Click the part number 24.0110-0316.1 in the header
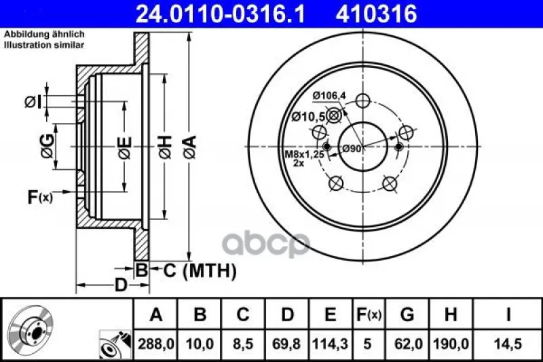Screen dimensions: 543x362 tap(220, 14)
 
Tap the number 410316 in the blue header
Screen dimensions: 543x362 tap(376, 14)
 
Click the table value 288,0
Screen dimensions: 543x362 tap(155, 344)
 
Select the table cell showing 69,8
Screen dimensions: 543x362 tap(286, 344)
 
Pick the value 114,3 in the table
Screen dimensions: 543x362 tap(330, 344)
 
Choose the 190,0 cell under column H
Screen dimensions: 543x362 tap(451, 344)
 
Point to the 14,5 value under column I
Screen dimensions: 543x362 tap(508, 344)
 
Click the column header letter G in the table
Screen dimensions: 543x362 tap(407, 314)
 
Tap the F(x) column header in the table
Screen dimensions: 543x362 tap(369, 314)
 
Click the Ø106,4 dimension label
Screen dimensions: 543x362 tap(329, 96)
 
